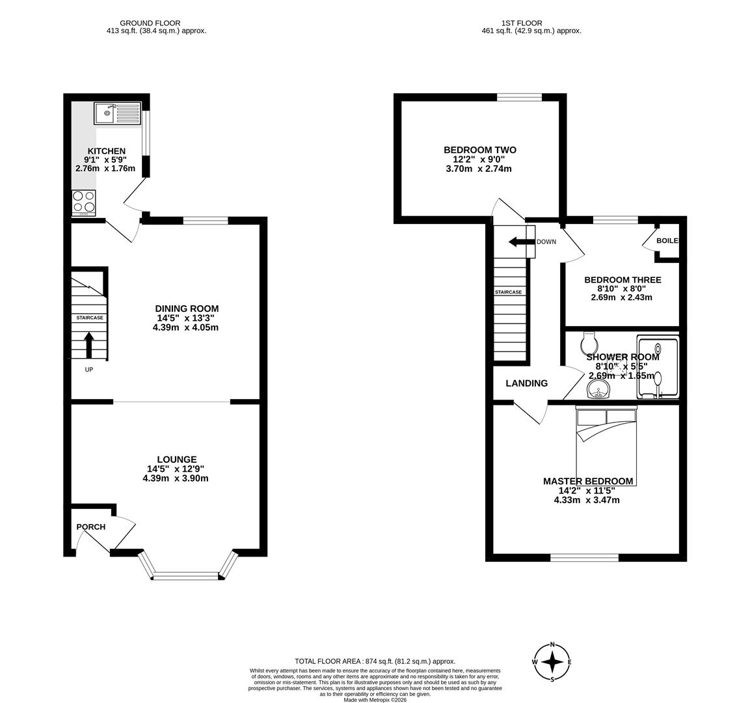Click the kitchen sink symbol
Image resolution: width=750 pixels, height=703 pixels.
117,114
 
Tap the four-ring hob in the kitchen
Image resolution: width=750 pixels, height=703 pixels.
83,202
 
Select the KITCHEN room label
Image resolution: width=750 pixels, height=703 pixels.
106,151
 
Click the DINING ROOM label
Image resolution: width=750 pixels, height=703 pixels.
187,309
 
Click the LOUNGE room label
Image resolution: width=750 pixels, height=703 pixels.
176,460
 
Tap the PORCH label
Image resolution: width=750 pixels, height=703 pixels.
90,527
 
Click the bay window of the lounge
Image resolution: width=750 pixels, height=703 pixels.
187,574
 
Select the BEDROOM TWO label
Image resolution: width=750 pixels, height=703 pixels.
480,150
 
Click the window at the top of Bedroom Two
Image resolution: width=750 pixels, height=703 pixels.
519,98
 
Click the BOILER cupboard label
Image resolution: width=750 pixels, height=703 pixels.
667,241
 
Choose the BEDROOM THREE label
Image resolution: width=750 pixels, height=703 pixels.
623,280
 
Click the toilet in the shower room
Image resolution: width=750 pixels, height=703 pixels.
589,340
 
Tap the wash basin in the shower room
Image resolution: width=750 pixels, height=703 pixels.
598,389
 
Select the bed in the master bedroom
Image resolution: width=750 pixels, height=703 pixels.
606,446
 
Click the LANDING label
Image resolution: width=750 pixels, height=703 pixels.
526,383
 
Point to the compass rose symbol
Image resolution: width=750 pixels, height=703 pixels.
552,662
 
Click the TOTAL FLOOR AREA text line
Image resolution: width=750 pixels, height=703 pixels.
375,661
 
